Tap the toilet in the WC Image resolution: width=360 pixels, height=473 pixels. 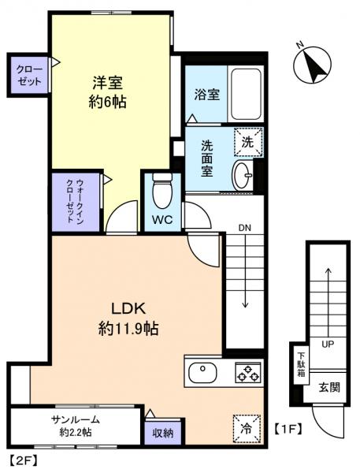coord(162,188)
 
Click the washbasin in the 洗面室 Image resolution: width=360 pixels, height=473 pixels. coord(242,173)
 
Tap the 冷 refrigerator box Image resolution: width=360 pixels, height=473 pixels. coord(247,430)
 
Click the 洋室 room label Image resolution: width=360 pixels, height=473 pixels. coord(107,81)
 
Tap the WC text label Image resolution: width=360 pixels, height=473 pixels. coord(162,219)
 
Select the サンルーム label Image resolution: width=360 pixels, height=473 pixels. coord(74,419)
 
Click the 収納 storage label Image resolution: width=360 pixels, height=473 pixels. coord(163,431)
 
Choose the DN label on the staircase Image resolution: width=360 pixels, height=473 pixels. coord(244,229)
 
